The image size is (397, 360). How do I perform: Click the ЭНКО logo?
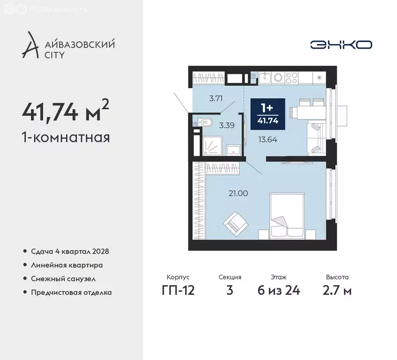[341, 45]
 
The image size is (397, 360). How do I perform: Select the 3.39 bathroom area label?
[227, 125]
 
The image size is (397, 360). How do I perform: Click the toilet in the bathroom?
[206, 123]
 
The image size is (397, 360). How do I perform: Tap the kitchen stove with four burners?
[292, 76]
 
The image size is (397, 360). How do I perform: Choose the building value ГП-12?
[178, 290]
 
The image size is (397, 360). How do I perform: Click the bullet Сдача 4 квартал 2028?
[70, 251]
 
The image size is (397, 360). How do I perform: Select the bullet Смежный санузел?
[63, 278]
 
